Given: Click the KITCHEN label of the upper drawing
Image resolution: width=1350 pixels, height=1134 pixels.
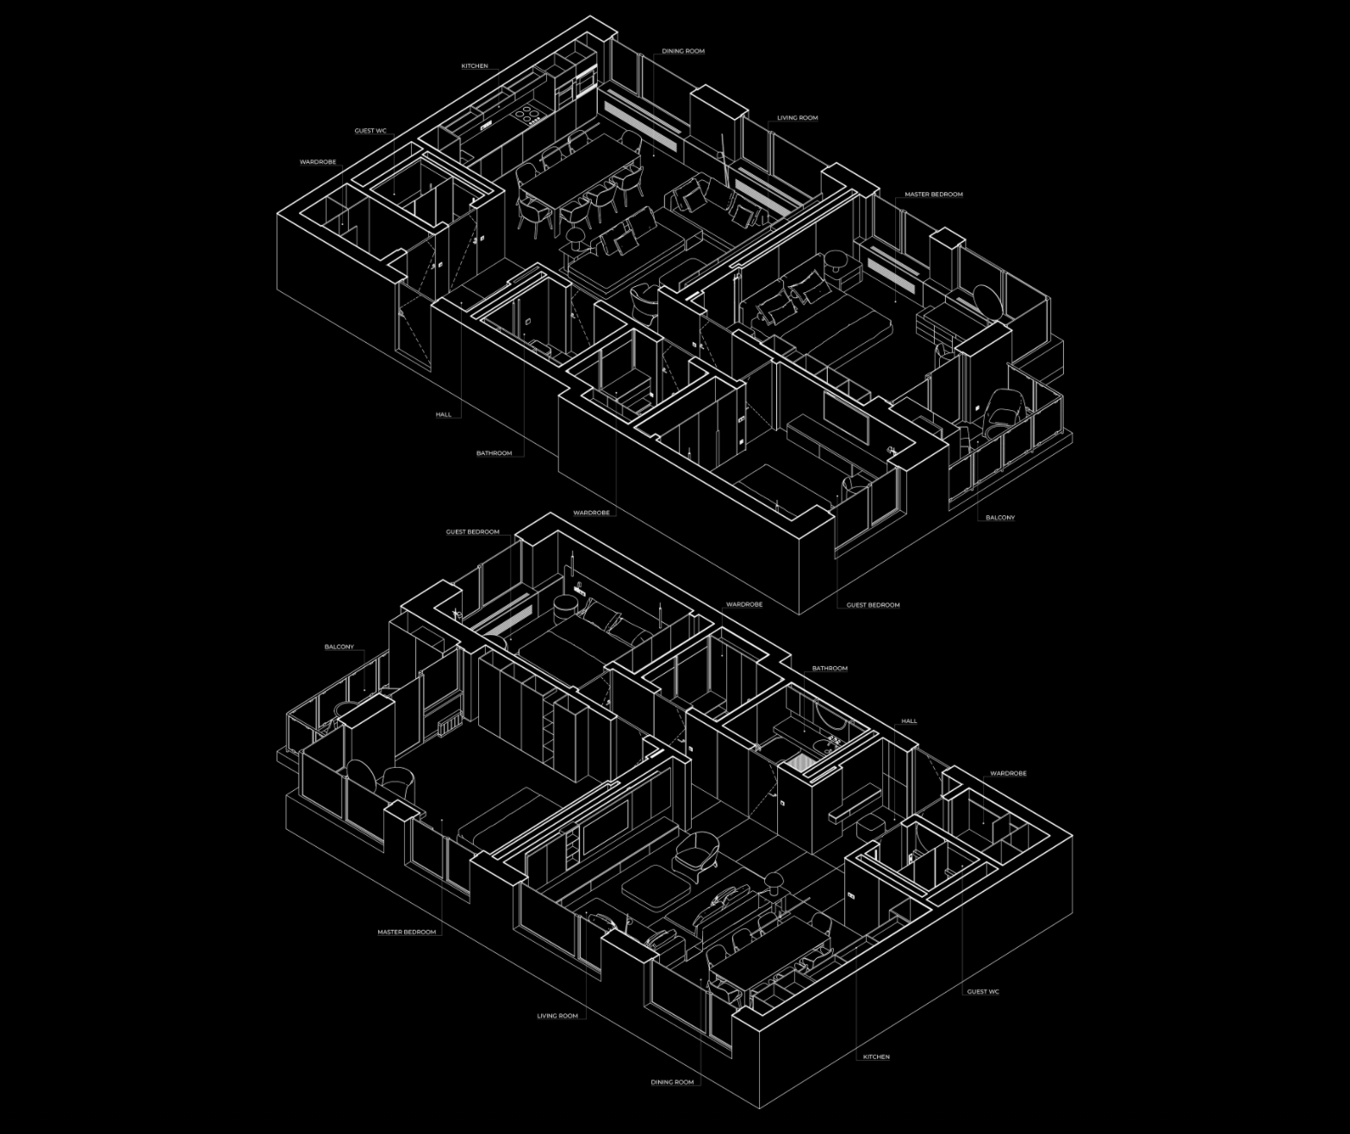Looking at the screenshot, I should (475, 66).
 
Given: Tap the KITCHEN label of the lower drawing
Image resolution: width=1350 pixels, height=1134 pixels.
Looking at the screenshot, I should (876, 1056).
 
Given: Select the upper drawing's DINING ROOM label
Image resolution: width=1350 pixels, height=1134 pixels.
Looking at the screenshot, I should (683, 52).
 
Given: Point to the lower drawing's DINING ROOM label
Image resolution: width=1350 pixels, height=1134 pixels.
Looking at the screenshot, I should (672, 1082).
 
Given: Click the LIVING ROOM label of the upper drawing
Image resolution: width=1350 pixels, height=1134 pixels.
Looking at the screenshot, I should (797, 118).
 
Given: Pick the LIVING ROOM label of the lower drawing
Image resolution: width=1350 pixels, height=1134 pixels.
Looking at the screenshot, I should (557, 1016).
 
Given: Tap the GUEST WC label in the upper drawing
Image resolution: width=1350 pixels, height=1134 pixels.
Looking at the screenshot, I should (370, 131).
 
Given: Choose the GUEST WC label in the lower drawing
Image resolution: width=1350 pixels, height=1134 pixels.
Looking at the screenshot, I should (983, 992).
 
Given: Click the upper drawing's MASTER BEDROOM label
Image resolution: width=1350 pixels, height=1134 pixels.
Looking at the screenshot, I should (933, 195).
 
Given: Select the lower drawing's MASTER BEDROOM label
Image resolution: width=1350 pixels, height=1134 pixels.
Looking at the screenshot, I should (407, 932).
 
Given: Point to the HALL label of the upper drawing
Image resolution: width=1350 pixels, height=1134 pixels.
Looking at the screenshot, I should (443, 414).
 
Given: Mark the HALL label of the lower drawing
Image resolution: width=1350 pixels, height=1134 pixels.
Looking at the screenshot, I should (909, 721).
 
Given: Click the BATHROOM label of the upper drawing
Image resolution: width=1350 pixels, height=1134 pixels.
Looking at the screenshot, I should (494, 453).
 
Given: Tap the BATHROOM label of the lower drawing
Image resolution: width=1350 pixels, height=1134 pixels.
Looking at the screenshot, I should (830, 669).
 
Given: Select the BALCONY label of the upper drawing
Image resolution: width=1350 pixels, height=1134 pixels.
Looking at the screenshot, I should (1000, 518).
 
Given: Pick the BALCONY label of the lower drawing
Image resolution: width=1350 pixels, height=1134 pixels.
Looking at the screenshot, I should (339, 647).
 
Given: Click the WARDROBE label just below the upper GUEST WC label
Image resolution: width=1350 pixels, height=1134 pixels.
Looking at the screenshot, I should (317, 162).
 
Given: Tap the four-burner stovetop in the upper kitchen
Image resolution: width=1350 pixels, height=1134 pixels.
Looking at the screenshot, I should (526, 113).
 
